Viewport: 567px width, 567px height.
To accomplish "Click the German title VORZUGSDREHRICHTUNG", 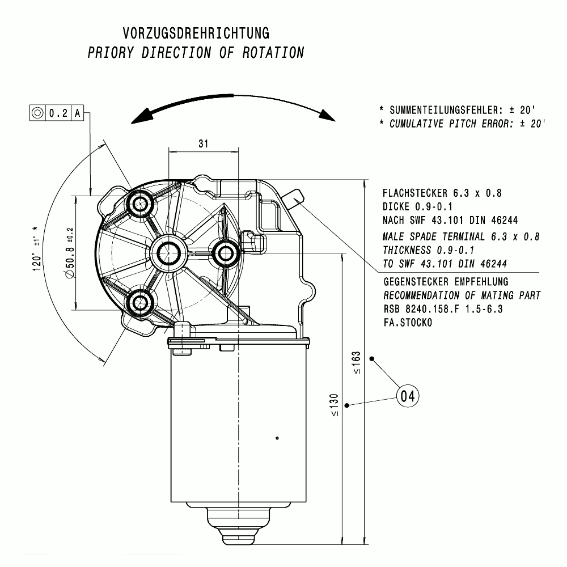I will point(196,32).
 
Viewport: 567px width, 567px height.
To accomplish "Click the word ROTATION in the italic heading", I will point(273,53).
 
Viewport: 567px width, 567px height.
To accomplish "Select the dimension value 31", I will point(203,144).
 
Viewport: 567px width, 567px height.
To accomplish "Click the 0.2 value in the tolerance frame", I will point(58,113).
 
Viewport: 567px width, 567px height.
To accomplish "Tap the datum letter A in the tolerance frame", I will point(78,113).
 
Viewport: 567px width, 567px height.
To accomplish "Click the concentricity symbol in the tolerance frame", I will point(37,113).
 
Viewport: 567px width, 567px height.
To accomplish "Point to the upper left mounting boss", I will point(139,203).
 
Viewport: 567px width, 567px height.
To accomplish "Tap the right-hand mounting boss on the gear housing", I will point(226,253).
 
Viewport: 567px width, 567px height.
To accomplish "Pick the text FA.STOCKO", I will point(408,323).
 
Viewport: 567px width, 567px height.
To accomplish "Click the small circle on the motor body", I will point(277,438).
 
